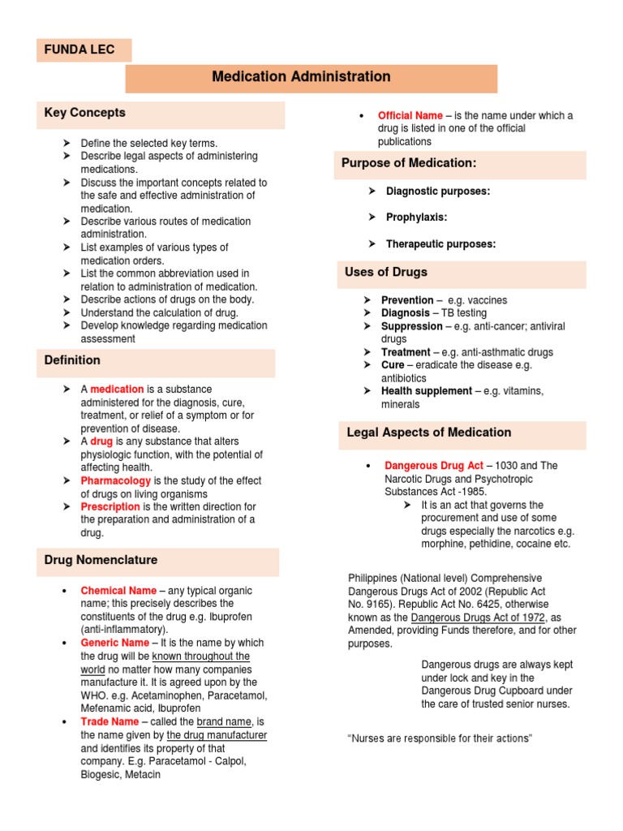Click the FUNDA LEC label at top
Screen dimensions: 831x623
[x=79, y=50]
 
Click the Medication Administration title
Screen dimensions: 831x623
[x=301, y=77]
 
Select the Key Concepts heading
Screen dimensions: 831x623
[x=84, y=113]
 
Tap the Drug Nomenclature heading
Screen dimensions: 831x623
[x=101, y=560]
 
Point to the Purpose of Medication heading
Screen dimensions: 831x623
[x=408, y=163]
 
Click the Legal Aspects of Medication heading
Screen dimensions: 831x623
[x=428, y=433]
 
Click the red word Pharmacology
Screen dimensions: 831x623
[x=116, y=480]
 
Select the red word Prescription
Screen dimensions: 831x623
[x=110, y=506]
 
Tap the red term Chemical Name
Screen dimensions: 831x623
[x=118, y=591]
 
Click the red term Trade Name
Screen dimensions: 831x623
[x=110, y=721]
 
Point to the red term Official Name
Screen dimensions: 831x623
[x=410, y=115]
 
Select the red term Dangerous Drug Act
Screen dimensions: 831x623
[x=434, y=466]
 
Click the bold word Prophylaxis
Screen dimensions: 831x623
[x=416, y=217]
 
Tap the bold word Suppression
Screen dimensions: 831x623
[x=412, y=326]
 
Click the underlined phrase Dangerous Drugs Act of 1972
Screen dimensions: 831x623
[x=480, y=618]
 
